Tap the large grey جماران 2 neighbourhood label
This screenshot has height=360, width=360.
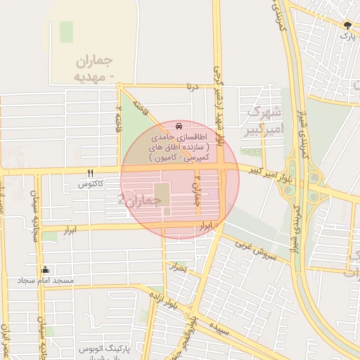(x=141, y=200)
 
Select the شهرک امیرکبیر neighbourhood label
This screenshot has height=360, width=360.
(x=264, y=120)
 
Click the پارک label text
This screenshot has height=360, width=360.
(x=348, y=34)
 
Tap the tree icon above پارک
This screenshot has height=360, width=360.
(x=348, y=25)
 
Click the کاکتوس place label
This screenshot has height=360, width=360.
(x=91, y=184)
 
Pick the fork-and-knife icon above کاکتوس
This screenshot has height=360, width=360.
(x=91, y=173)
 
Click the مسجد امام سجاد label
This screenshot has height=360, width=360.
(x=48, y=280)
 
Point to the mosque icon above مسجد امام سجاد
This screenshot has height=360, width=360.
(x=46, y=269)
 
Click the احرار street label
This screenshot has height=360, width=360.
(x=179, y=267)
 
